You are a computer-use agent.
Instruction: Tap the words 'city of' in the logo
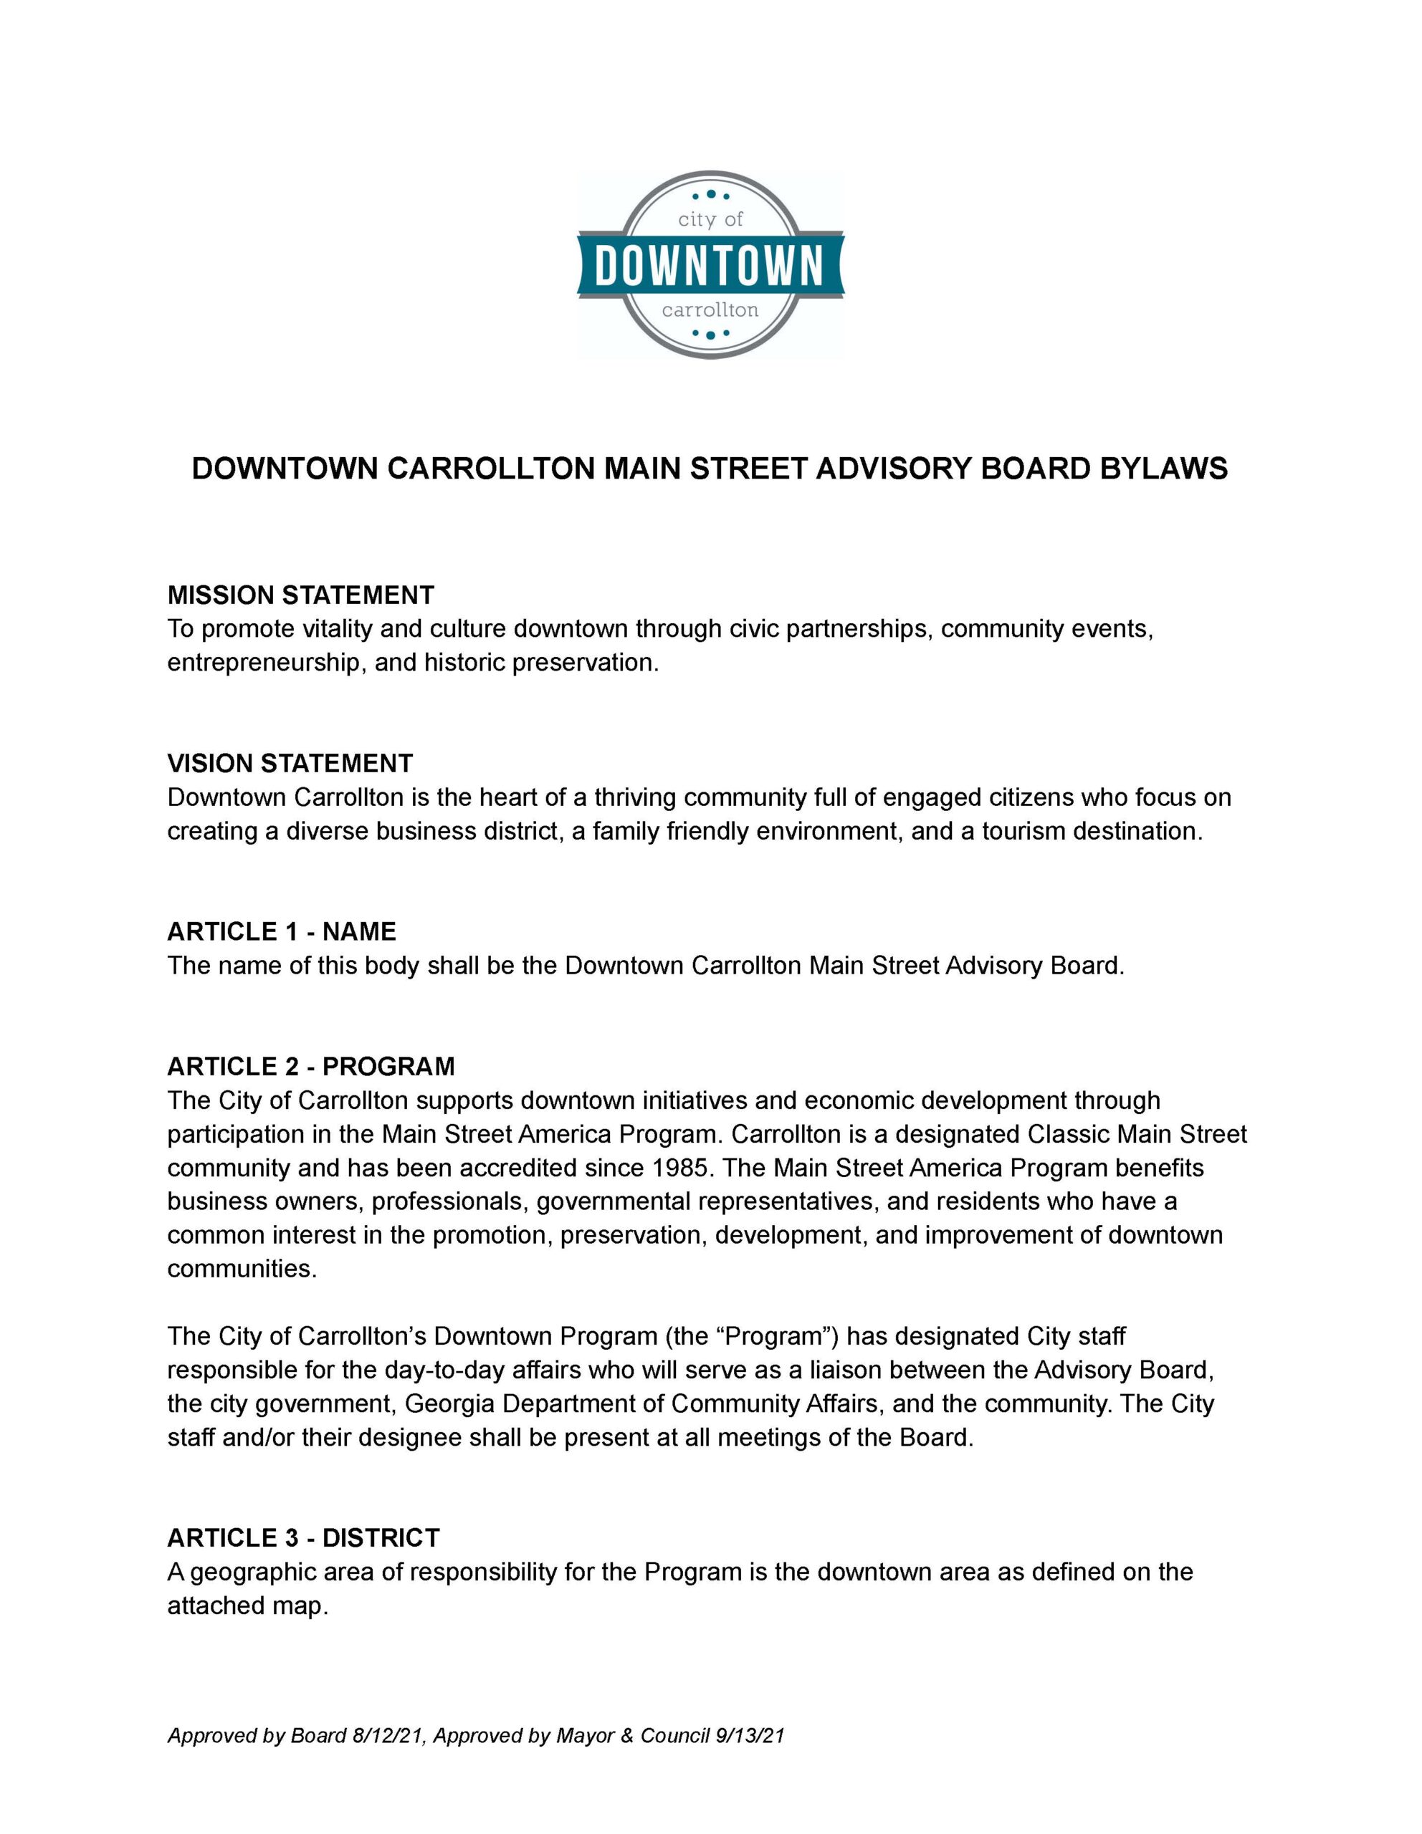(x=710, y=220)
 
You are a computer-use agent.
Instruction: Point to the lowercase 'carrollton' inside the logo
(x=710, y=310)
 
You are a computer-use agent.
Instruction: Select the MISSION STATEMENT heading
(x=301, y=595)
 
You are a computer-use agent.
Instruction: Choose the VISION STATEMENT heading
(x=290, y=763)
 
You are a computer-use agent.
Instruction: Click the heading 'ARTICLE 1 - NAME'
(x=282, y=931)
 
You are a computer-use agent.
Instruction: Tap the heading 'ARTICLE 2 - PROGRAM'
(x=311, y=1067)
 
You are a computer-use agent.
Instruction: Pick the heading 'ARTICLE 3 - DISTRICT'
(x=303, y=1537)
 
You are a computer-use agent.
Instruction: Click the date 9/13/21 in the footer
(x=748, y=1736)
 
